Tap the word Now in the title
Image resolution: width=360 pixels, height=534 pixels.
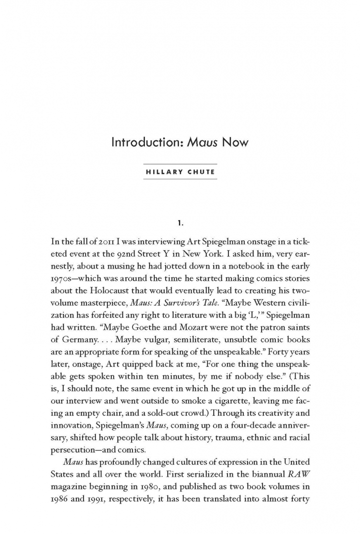click(x=235, y=143)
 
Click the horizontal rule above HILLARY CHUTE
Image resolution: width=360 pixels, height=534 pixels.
click(x=180, y=164)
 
